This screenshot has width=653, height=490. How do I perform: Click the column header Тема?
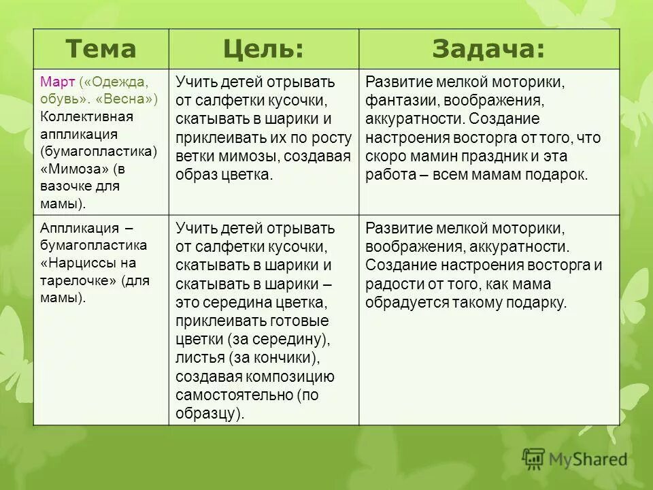(101, 49)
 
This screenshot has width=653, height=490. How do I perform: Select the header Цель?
(263, 49)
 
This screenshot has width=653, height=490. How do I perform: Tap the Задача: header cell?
(488, 49)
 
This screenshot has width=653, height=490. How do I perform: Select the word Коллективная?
(86, 116)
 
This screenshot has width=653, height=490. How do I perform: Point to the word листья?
(199, 357)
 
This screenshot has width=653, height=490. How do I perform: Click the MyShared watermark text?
(588, 459)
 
